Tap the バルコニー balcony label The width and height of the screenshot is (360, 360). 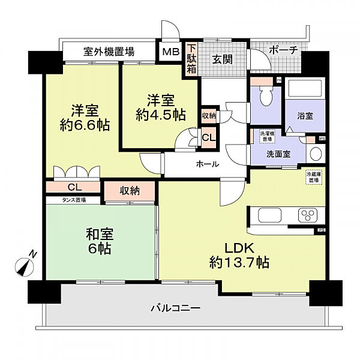pos(175,309)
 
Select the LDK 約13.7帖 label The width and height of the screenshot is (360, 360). pos(239,255)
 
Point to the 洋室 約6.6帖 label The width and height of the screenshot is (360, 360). pos(85,118)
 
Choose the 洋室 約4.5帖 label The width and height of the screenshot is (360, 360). pos(160,106)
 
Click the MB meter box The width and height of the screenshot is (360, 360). pos(170,52)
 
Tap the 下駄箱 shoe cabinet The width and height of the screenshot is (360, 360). pos(191,59)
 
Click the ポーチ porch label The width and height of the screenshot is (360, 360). pos(283,50)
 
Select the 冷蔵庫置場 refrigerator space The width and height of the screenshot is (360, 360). pos(313,178)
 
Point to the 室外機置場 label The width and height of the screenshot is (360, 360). pos(109,52)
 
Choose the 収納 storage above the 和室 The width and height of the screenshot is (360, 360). pos(129,191)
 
